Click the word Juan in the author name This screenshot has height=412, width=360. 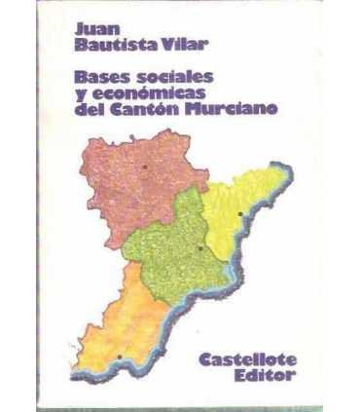(94, 29)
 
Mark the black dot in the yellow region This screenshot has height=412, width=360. (240, 212)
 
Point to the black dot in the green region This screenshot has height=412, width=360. (199, 247)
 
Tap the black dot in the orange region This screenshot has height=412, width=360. (119, 356)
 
